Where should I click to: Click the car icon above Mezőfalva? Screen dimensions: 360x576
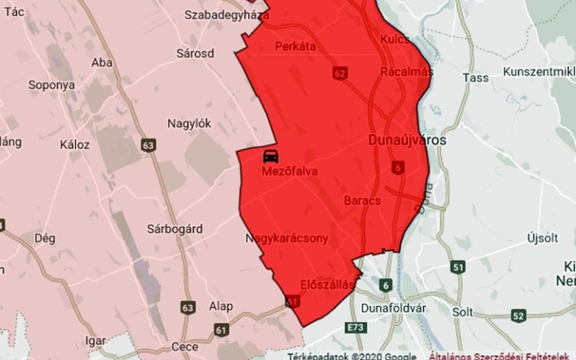point(270,155)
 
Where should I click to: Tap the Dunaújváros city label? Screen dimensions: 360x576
point(408,140)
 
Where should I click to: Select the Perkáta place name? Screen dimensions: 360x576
point(294,46)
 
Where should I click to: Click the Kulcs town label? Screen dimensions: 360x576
point(395,38)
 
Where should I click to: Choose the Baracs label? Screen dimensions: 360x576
point(362,200)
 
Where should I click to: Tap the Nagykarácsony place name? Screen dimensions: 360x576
point(287,238)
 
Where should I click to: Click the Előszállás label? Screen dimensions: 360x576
point(326,284)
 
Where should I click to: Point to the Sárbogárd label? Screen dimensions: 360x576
point(174,229)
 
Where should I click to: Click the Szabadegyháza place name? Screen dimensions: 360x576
point(226,14)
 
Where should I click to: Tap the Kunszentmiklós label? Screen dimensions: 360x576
point(540,72)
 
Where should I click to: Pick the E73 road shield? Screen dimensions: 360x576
point(355,328)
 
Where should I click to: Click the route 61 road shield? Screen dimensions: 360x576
point(221,329)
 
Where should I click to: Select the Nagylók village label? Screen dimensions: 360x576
point(189,123)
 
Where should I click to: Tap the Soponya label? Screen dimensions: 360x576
point(51,84)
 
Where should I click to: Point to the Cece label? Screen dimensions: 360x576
point(185,347)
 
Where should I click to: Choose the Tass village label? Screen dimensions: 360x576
point(475,78)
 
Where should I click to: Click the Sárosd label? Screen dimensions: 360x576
point(195,54)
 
